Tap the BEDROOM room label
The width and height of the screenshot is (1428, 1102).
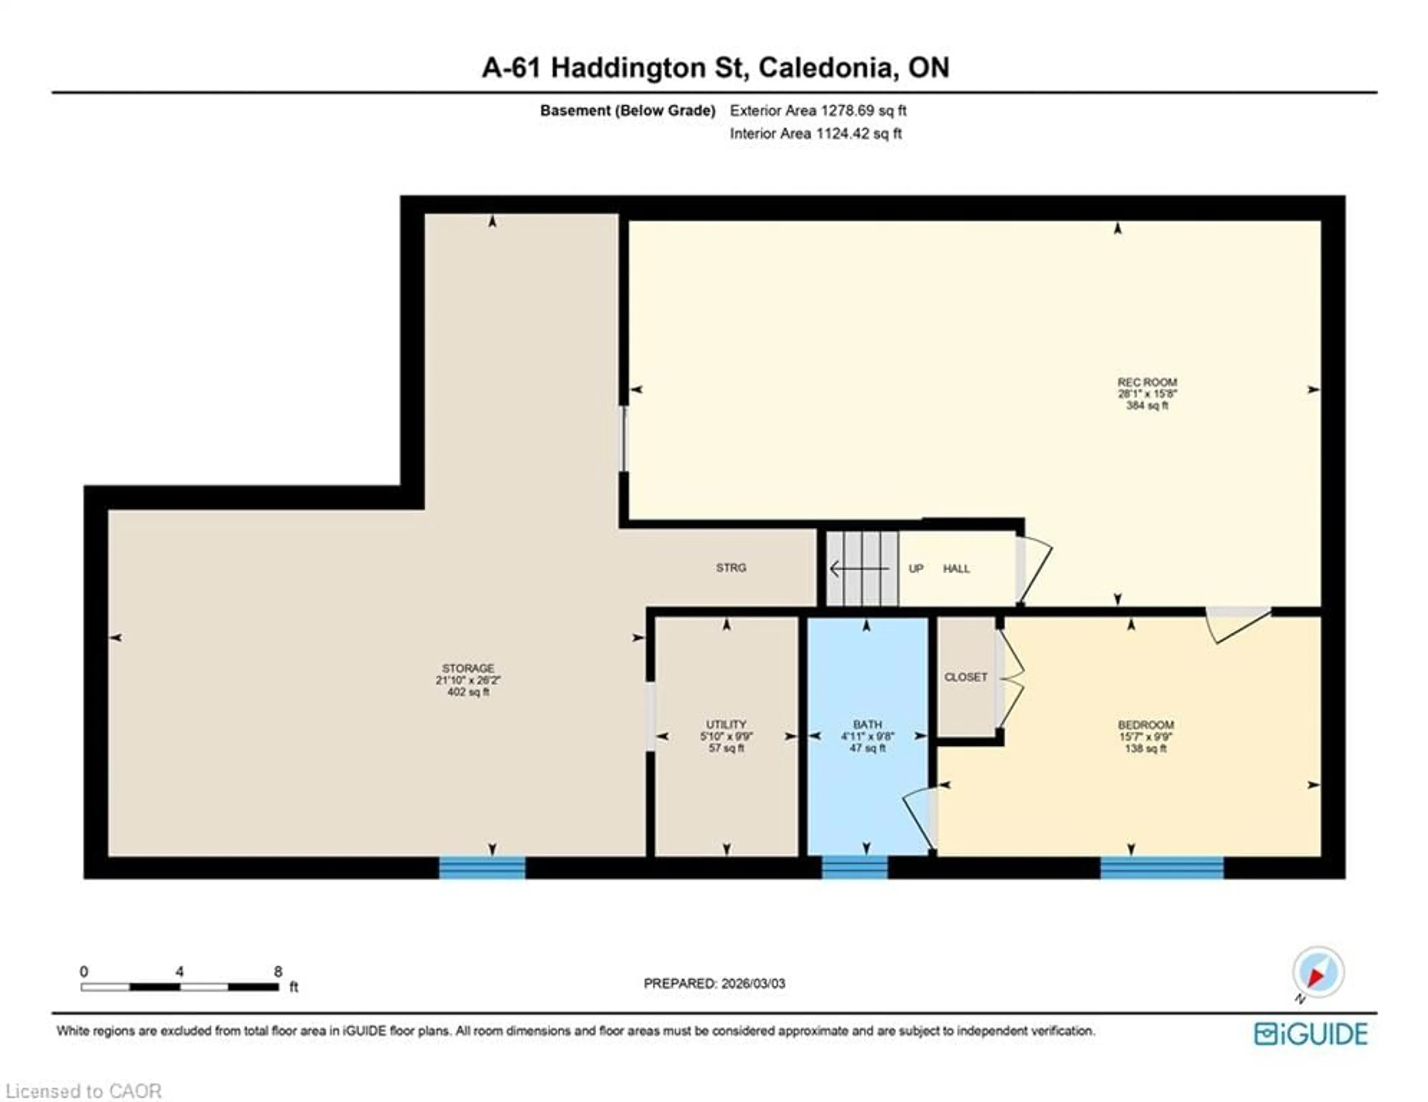(1145, 725)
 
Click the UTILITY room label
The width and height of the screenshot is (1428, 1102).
(726, 725)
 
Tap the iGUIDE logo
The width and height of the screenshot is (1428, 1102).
(1310, 1034)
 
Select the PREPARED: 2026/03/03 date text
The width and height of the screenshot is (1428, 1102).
(714, 984)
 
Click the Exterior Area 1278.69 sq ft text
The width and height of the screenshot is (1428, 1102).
(818, 111)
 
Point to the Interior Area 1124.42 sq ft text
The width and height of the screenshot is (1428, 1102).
(816, 134)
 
